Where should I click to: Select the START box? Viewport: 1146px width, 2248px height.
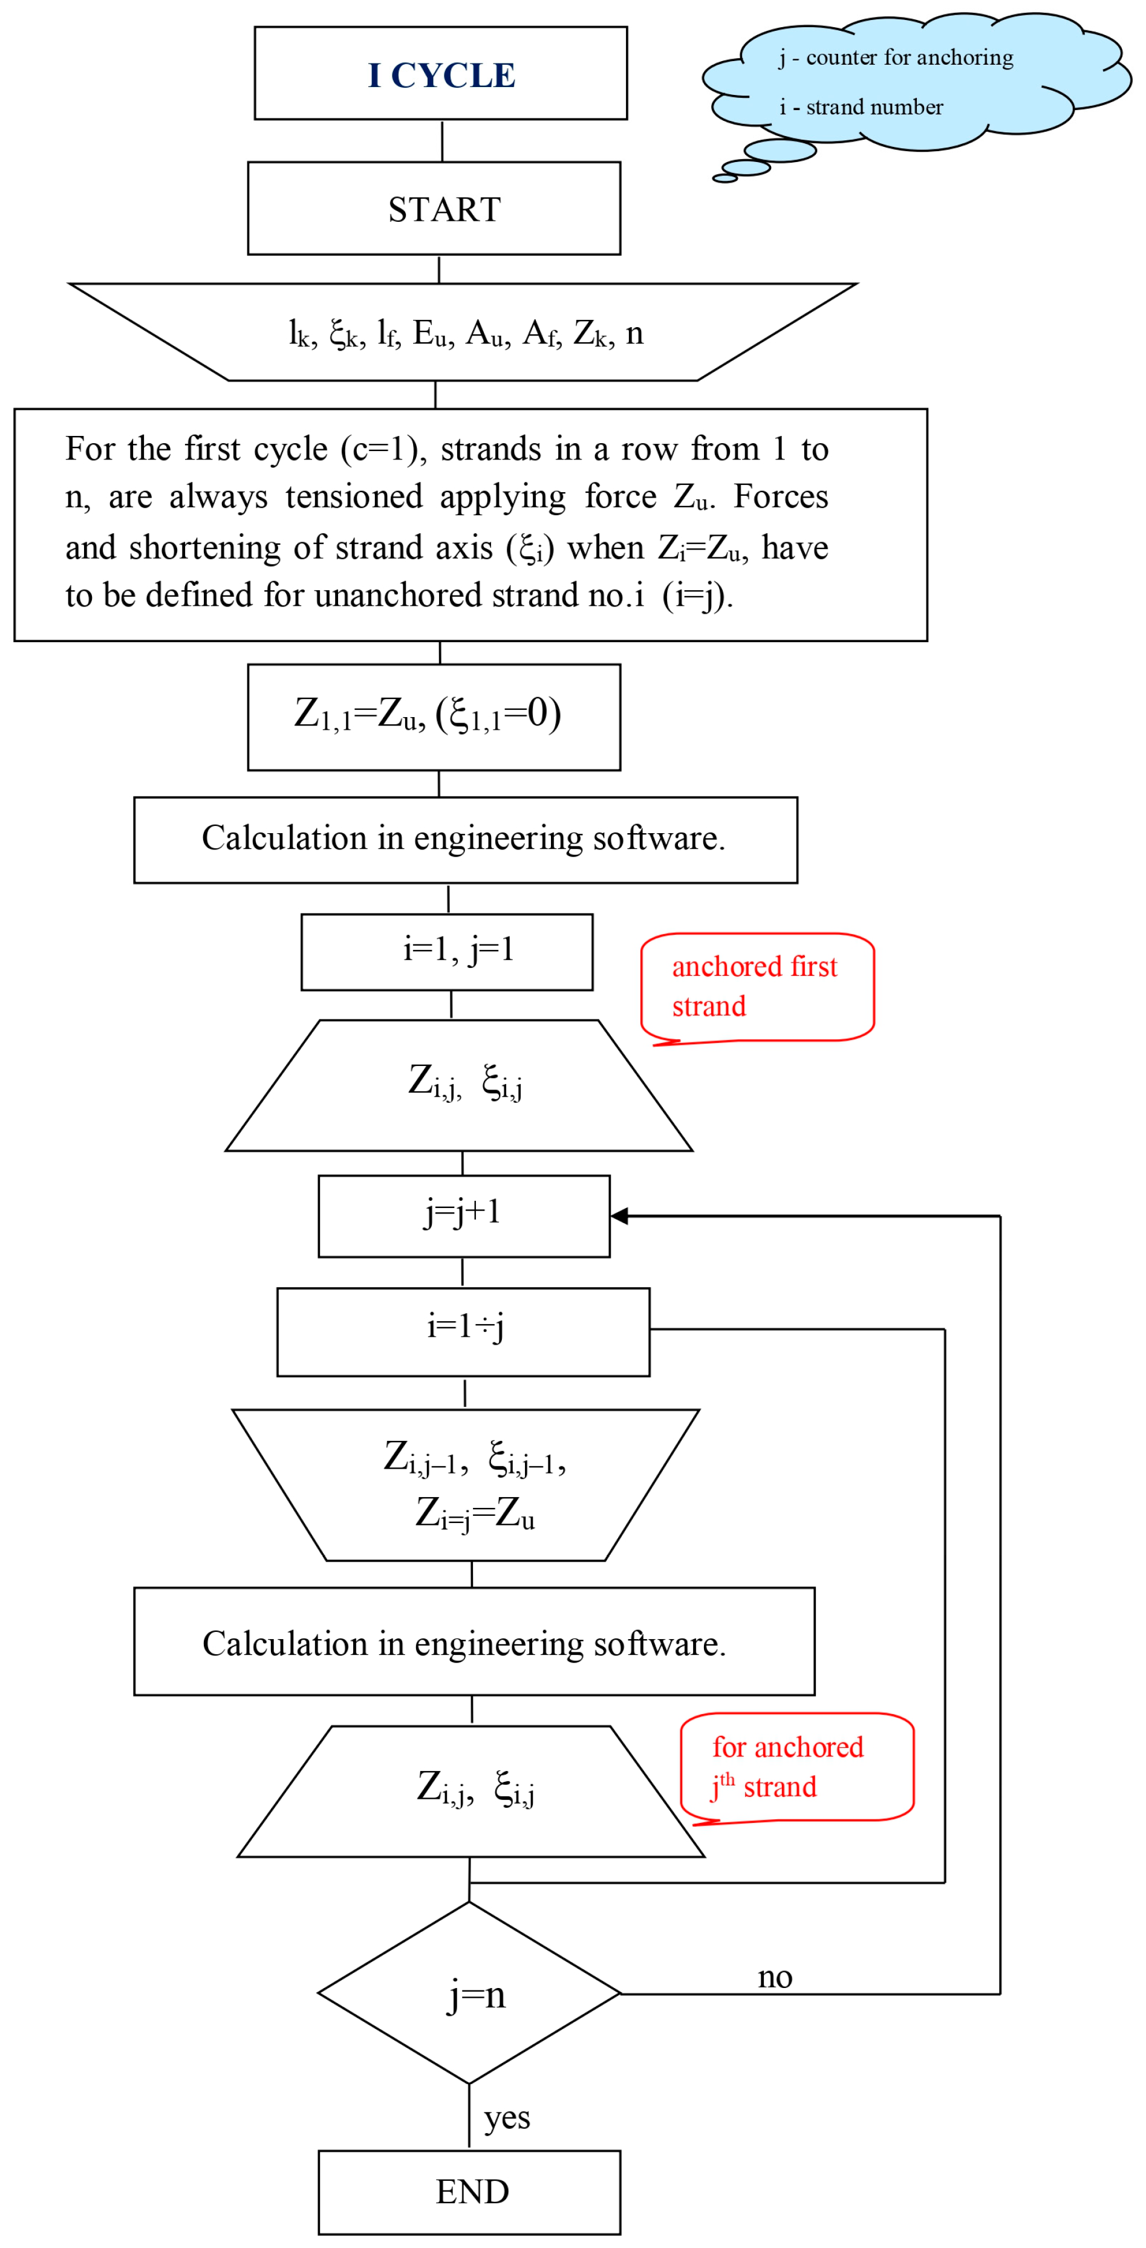coord(434,209)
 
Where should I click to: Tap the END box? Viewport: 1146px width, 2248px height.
coord(469,2191)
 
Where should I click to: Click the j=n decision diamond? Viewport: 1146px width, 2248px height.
coord(469,1994)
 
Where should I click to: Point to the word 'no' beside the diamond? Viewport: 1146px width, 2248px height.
coord(774,1977)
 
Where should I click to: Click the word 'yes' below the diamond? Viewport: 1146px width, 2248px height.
coord(506,2116)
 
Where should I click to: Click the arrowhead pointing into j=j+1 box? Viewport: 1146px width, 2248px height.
coord(619,1216)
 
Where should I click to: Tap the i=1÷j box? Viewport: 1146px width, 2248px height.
coord(463,1331)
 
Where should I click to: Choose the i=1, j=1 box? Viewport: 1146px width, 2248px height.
coord(446,951)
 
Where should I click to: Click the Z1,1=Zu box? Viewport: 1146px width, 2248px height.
coord(434,716)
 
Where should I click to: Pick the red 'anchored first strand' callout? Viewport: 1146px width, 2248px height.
coord(756,986)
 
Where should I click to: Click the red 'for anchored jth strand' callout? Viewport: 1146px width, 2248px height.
coord(796,1766)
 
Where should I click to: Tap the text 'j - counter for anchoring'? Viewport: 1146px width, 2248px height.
coord(896,57)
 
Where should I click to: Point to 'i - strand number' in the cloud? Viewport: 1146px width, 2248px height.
coord(861,108)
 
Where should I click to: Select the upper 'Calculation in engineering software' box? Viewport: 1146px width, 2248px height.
coord(464,839)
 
